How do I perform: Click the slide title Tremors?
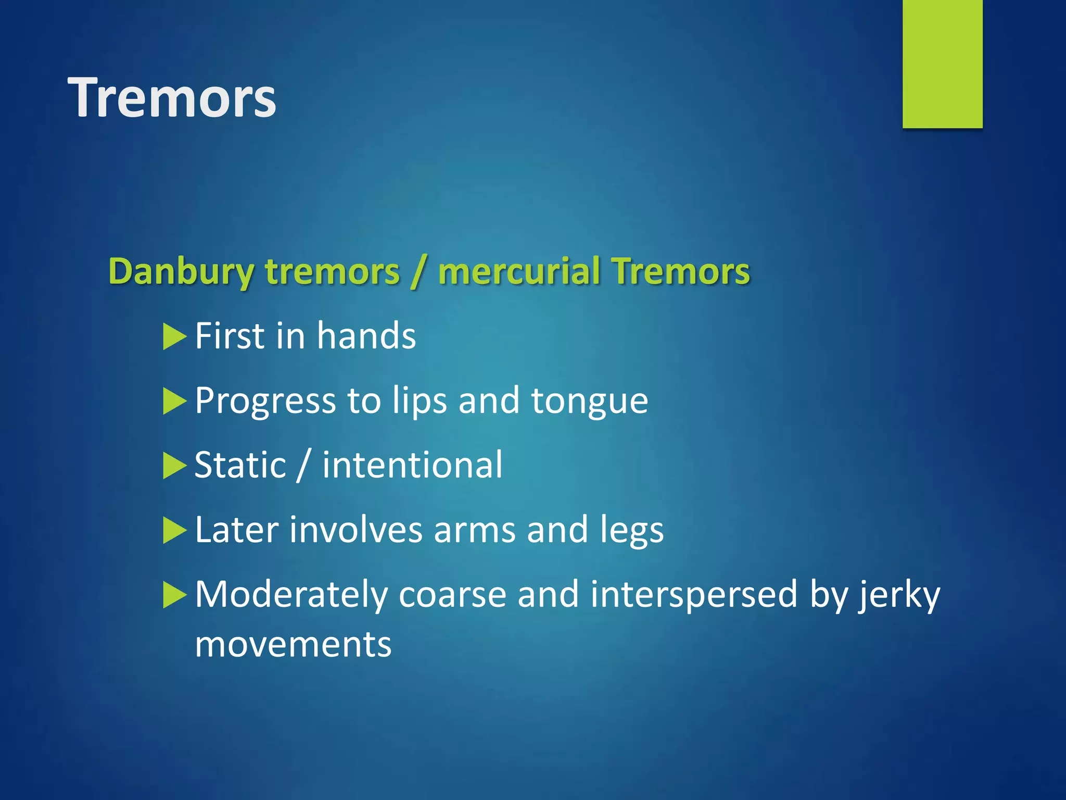(172, 98)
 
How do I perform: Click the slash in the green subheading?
(418, 272)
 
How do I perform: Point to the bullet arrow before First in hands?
(174, 336)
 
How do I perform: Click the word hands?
(366, 336)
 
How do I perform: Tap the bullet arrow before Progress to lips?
(174, 401)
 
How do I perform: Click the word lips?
(419, 401)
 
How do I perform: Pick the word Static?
(240, 465)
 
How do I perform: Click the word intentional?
(412, 465)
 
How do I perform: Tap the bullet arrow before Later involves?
(174, 530)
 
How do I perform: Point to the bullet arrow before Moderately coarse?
(174, 595)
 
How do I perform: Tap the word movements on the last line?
(293, 645)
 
